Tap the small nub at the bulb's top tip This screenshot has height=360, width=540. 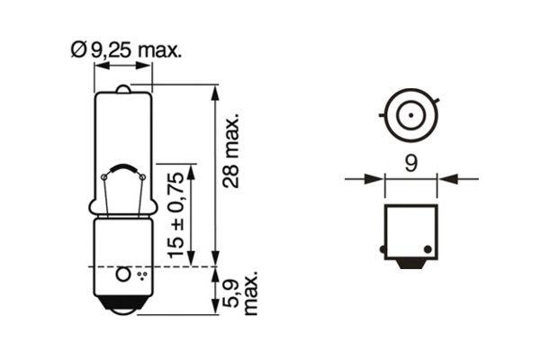pyautogui.click(x=123, y=88)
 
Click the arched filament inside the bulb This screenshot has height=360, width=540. pyautogui.click(x=122, y=169)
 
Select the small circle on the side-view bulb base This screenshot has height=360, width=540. pyautogui.click(x=123, y=272)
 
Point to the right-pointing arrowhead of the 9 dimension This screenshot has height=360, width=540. pyautogui.click(x=377, y=179)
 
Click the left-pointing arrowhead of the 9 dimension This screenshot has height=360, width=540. pyautogui.click(x=445, y=179)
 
